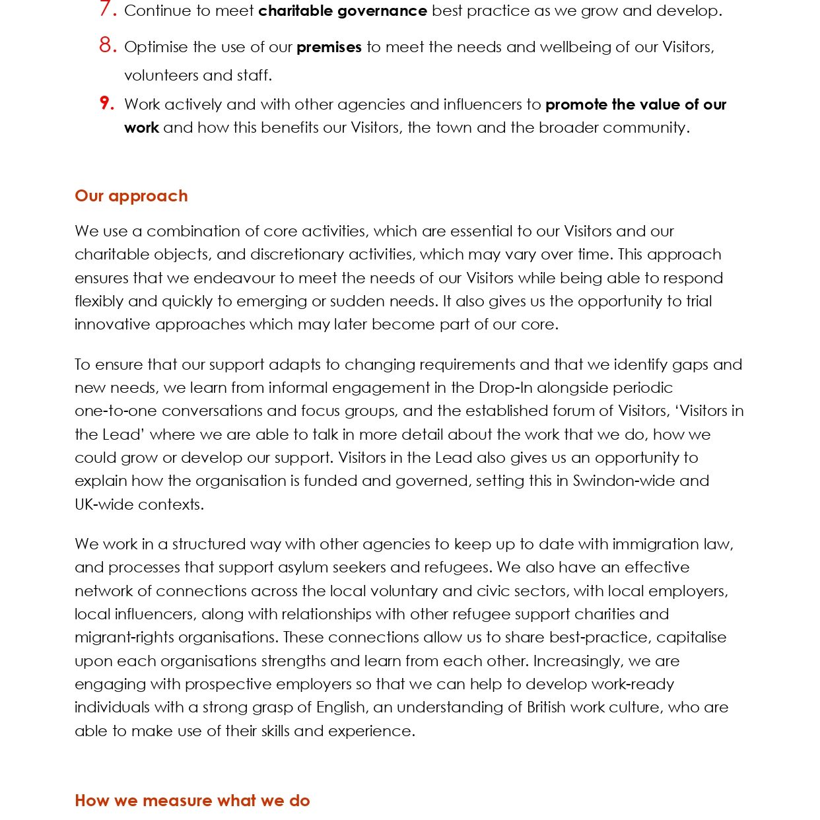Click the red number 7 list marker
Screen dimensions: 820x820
107,9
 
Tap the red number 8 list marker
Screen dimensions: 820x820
107,46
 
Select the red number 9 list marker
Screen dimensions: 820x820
107,103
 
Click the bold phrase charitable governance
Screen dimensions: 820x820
342,11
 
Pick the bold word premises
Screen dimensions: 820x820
329,48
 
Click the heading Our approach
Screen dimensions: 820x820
131,196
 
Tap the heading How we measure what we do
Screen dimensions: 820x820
192,801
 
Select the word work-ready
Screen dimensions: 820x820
634,684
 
